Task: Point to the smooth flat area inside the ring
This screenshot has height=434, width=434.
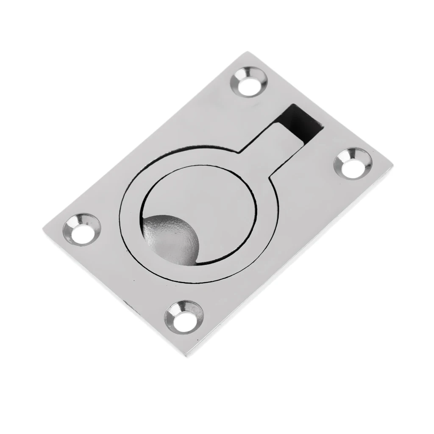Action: tap(212, 199)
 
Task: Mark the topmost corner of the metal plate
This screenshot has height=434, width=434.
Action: tap(247, 53)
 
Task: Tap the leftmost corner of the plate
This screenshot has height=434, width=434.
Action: tap(44, 229)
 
